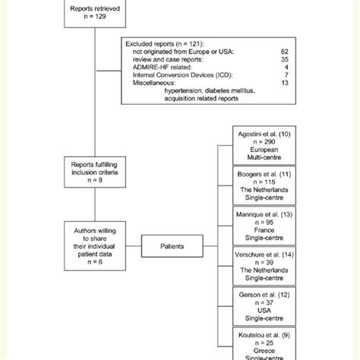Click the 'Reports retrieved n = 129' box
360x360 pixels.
click(x=92, y=13)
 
